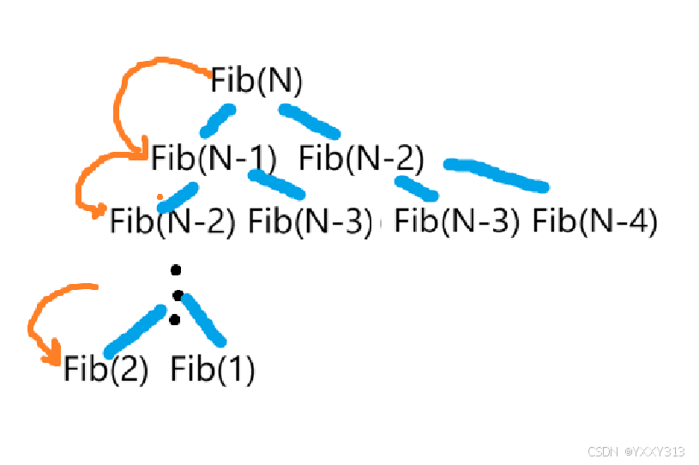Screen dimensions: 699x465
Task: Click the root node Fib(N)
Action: click(257, 82)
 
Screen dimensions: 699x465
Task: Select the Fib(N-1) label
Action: click(214, 159)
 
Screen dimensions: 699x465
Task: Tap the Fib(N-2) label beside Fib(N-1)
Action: click(361, 159)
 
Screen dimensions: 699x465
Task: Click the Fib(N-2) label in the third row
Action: click(172, 221)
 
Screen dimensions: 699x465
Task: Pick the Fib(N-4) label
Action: click(594, 221)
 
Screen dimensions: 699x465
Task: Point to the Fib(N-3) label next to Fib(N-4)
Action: click(457, 221)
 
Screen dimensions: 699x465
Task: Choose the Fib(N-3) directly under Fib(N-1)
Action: click(311, 221)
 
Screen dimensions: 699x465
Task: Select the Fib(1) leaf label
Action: click(213, 370)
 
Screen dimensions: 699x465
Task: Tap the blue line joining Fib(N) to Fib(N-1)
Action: click(217, 121)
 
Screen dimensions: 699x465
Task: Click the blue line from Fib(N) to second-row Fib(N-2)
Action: click(310, 121)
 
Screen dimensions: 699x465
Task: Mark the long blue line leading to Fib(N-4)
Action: click(496, 174)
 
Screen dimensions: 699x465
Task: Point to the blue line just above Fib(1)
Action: click(203, 320)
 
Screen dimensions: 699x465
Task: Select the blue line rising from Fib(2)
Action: click(135, 331)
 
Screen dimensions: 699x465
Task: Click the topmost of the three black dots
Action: click(176, 270)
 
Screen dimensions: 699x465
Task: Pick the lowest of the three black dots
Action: click(174, 320)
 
